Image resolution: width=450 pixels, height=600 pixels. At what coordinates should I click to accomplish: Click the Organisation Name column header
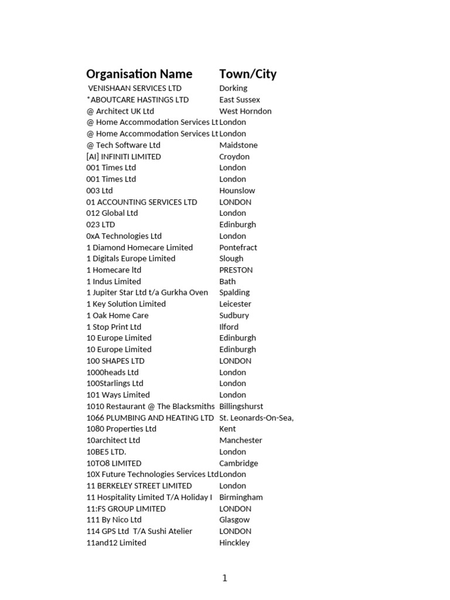139,74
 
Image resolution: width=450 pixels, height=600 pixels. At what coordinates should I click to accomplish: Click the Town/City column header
248,74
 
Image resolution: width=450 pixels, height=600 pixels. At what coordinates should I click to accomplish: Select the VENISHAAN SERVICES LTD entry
135,88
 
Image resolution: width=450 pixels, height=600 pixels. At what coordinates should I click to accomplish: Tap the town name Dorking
233,88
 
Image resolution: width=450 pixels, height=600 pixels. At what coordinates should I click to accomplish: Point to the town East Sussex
240,100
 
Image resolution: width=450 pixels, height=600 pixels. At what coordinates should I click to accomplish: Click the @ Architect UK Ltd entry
120,111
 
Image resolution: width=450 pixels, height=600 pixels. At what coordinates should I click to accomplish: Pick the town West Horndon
246,111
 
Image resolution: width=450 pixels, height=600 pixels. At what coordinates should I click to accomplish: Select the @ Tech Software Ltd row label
123,145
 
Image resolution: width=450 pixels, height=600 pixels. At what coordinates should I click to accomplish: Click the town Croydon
234,156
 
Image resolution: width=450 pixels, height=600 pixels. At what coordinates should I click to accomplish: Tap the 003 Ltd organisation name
100,190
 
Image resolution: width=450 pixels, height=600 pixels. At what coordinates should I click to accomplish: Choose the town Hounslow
237,190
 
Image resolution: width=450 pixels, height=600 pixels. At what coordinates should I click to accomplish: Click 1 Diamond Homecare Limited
139,247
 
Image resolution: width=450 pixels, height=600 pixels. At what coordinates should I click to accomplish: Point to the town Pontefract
238,247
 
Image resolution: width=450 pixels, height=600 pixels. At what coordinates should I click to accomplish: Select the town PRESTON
236,270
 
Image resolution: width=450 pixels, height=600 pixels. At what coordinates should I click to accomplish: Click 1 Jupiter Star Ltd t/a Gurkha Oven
147,292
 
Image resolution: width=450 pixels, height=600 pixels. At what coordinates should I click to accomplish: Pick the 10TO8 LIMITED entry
114,463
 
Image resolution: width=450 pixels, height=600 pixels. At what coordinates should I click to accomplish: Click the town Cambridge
238,463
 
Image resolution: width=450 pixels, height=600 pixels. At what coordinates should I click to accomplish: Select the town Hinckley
234,543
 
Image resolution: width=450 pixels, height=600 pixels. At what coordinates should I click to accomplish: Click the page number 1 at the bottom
224,578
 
